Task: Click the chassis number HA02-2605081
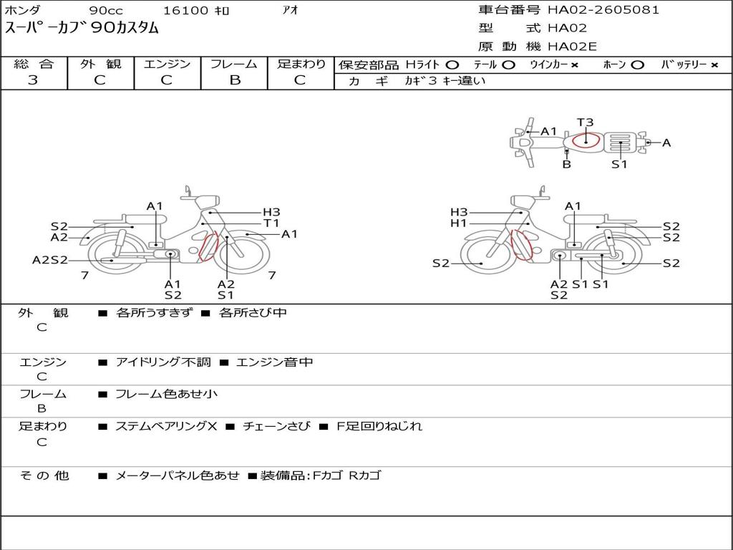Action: point(603,9)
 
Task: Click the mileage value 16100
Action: point(185,10)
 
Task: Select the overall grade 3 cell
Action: point(33,80)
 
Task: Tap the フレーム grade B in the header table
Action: point(235,80)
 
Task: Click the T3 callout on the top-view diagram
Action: point(585,122)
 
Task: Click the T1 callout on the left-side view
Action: point(271,223)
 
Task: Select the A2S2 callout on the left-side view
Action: point(50,260)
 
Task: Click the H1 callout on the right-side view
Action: point(459,223)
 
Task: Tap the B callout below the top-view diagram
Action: point(567,164)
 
